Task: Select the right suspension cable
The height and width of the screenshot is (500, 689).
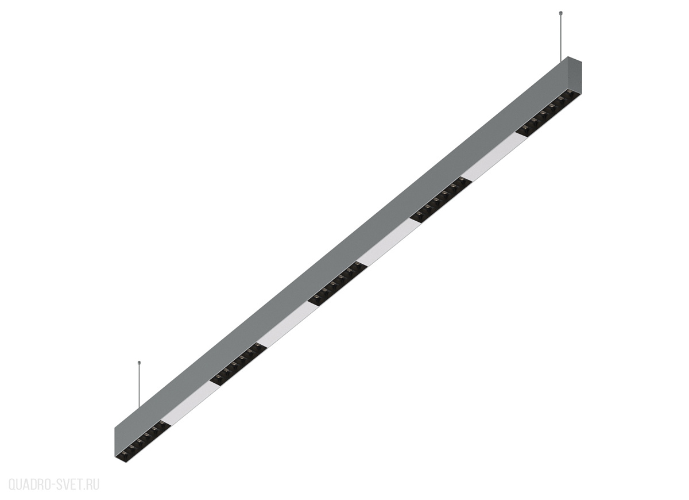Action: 561,37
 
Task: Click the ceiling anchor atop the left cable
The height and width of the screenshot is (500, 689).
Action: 139,362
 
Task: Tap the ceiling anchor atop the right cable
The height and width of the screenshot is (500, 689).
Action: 561,14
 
